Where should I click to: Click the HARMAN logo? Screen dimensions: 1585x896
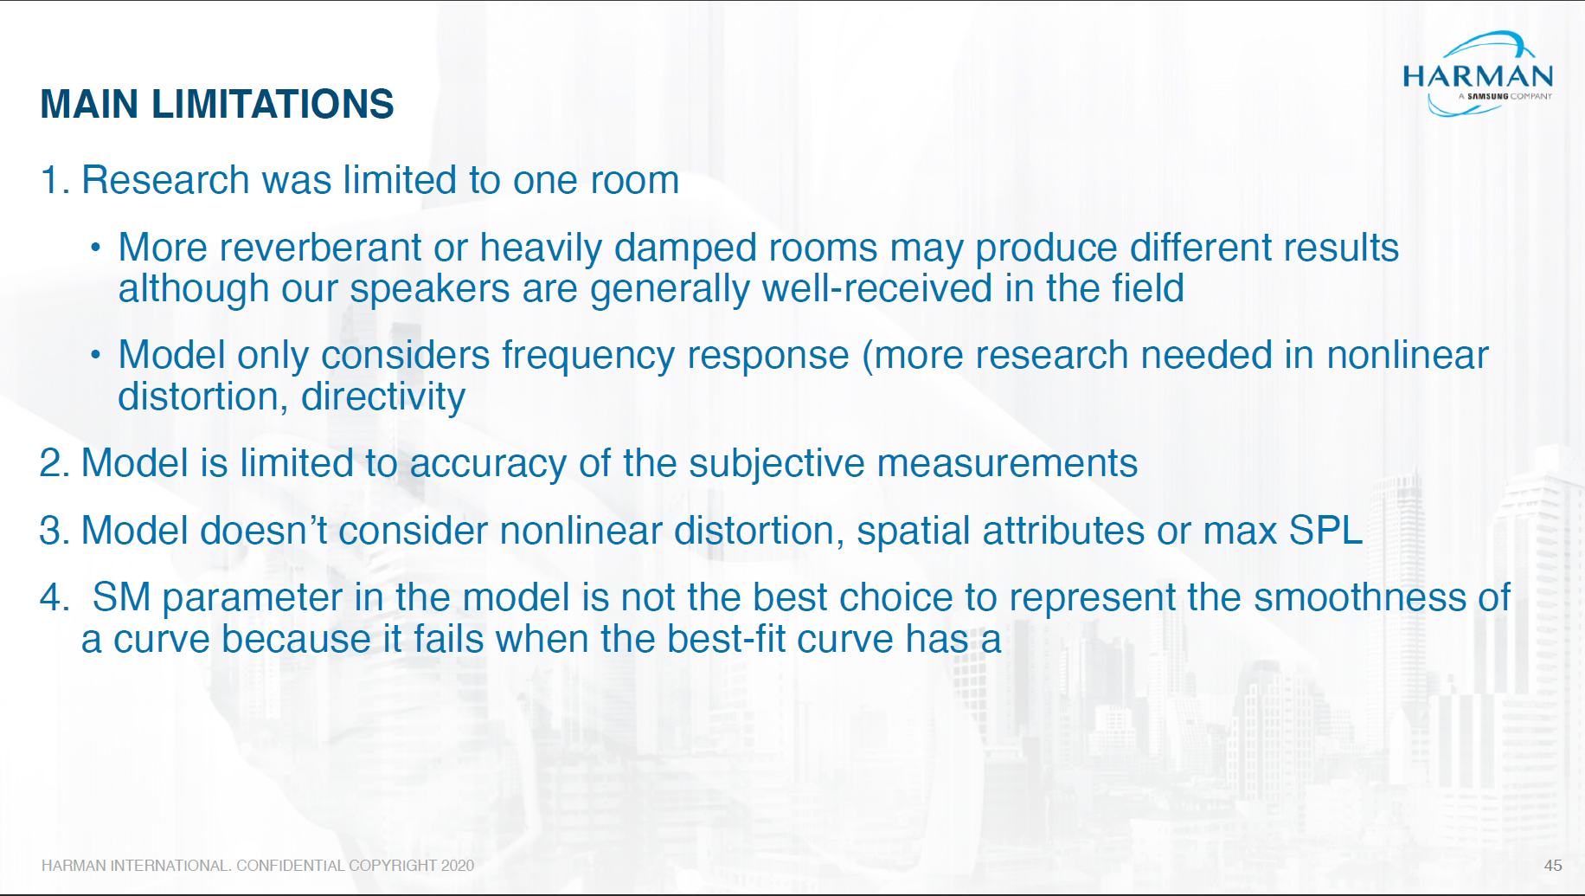[x=1478, y=74]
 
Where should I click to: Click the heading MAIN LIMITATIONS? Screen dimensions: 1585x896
[x=217, y=104]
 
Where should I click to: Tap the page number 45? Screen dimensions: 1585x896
[x=1553, y=865]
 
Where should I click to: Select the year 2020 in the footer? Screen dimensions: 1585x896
[x=458, y=865]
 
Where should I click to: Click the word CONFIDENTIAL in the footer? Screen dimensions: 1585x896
[x=290, y=865]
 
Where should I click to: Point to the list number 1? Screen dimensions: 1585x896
[x=54, y=180]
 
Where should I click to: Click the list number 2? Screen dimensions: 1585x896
[x=54, y=463]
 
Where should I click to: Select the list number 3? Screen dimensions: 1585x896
[x=54, y=531]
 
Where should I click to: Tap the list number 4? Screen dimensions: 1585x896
[x=54, y=597]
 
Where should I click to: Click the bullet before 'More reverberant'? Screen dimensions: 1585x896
[x=96, y=248]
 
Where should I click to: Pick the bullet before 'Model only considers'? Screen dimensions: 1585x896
[x=96, y=355]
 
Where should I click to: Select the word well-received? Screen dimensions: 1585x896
[x=876, y=288]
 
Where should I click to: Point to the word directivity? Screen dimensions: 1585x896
[x=383, y=396]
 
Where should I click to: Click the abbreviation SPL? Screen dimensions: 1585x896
[x=1325, y=531]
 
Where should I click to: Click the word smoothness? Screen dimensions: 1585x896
[x=1360, y=597]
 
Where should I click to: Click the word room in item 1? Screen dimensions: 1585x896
[x=634, y=180]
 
